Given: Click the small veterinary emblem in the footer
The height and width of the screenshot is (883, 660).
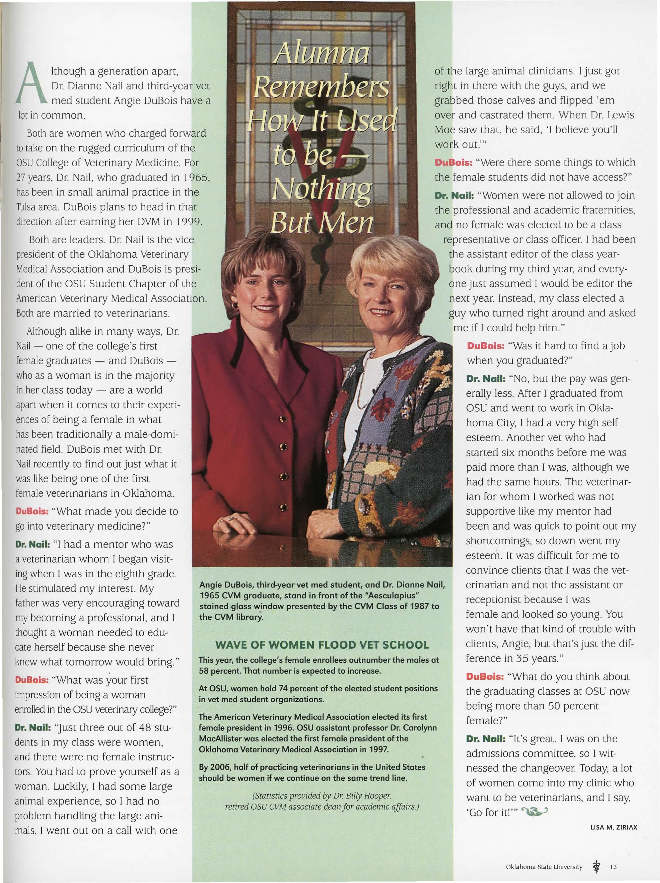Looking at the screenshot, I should (596, 866).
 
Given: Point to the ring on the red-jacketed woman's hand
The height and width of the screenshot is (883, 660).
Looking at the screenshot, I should (231, 518).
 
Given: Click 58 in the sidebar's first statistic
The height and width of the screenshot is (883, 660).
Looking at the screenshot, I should (204, 671).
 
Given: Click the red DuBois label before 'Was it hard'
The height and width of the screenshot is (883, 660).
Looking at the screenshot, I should (485, 346).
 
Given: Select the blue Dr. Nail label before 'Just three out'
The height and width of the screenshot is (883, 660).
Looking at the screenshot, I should (33, 727).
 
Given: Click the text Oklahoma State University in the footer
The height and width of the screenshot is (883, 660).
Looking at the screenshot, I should (544, 867).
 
